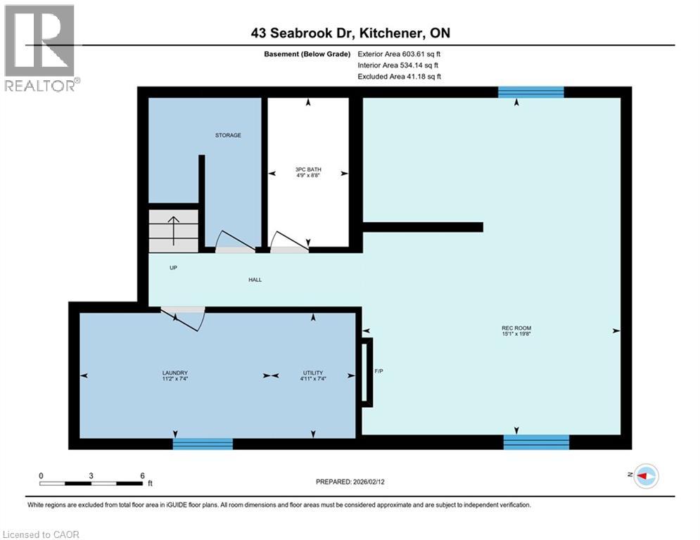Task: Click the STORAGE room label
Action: [x=228, y=135]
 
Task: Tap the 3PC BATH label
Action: [x=307, y=169]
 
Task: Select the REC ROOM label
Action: [x=516, y=328]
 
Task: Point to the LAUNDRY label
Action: [x=174, y=373]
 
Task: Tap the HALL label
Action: [x=255, y=280]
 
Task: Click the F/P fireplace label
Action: [x=378, y=371]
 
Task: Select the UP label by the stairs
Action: [x=172, y=268]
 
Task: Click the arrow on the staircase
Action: [x=173, y=229]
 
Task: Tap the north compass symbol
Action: [x=644, y=476]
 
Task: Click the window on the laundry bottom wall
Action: [x=203, y=444]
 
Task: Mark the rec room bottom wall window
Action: [x=536, y=442]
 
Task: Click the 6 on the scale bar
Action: [x=142, y=476]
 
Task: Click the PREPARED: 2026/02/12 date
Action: [x=351, y=482]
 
